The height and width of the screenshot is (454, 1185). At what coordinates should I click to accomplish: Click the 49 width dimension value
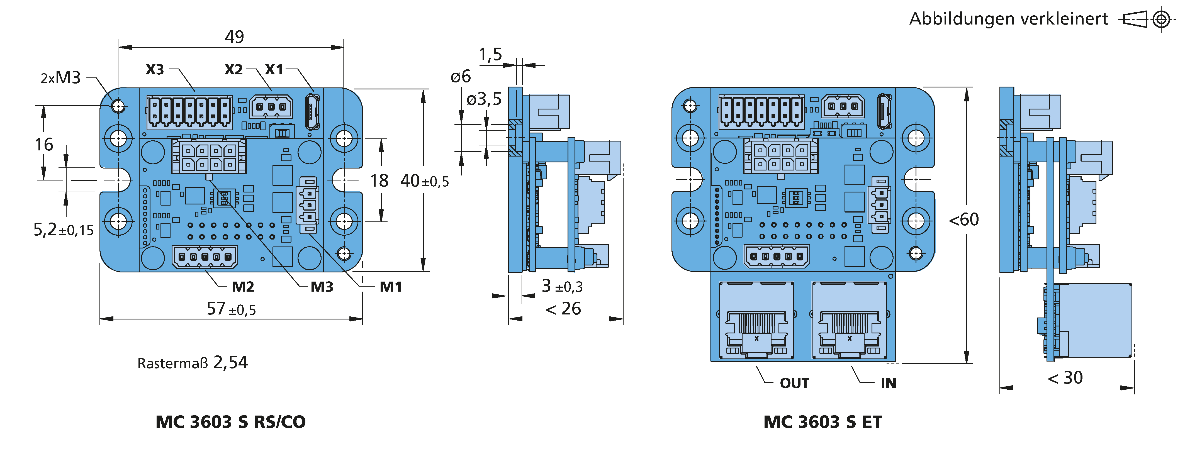coord(234,37)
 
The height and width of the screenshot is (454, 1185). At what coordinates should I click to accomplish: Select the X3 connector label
coord(155,69)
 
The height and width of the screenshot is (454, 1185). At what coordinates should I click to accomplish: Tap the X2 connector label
coord(234,69)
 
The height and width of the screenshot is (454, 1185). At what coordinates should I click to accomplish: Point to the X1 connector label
coord(274,69)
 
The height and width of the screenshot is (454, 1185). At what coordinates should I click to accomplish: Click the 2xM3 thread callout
coord(61,78)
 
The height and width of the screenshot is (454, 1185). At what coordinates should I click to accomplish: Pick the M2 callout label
coord(243,287)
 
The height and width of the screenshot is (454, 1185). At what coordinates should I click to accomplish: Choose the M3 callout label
coord(322,287)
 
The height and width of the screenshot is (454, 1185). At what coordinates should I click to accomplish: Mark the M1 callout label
coord(391,287)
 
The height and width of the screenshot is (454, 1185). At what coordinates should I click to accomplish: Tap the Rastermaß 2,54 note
coord(192,363)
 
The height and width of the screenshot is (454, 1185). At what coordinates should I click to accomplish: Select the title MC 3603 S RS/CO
coord(230,422)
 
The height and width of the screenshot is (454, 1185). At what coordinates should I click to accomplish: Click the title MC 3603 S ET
coord(823,422)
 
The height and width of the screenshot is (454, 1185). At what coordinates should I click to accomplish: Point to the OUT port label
coord(794,383)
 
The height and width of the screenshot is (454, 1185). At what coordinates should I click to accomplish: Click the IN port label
coord(888,383)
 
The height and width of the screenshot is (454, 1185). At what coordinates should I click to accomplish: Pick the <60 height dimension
coord(964,220)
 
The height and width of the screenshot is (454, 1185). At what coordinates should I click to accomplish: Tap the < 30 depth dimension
coord(1065,378)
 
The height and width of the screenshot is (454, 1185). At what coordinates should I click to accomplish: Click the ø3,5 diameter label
coord(484,99)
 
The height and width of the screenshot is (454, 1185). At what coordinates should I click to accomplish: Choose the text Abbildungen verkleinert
coord(1008,19)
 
